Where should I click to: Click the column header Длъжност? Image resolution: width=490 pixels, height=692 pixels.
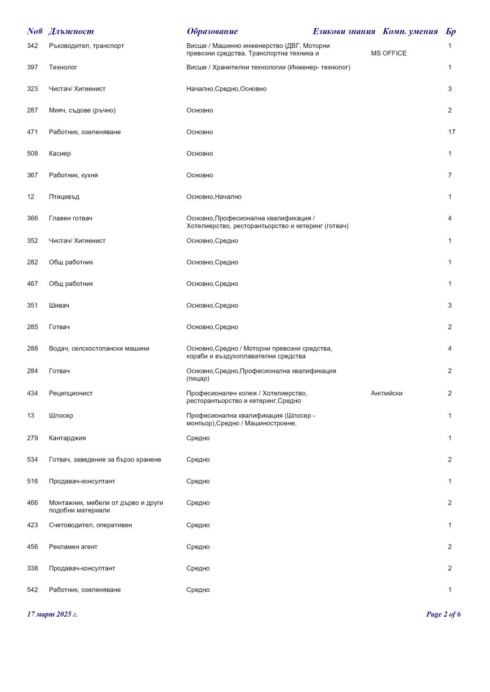[x=71, y=32]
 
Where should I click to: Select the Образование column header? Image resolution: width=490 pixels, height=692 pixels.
[x=212, y=32]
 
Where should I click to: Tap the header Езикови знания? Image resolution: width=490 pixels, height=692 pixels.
[x=344, y=32]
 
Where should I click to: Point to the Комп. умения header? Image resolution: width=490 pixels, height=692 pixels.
[x=410, y=32]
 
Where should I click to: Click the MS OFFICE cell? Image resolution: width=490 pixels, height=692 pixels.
[x=389, y=53]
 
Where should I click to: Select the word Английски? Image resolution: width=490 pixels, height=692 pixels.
[x=386, y=393]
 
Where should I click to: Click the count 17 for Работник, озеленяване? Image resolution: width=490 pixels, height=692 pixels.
[x=452, y=132]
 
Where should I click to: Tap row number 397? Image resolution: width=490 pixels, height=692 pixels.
[x=33, y=68]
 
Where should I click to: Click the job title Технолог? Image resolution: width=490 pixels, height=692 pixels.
[x=63, y=68]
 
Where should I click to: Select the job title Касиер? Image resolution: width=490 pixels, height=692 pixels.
[x=60, y=154]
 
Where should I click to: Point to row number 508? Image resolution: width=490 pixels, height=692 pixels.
[x=33, y=154]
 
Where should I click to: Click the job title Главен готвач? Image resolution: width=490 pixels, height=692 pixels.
[x=70, y=218]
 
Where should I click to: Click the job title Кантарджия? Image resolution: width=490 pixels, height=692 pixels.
[x=68, y=438]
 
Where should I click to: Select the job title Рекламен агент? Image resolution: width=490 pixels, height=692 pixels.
[x=73, y=547]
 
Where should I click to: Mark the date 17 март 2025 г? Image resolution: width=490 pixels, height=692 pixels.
[x=52, y=614]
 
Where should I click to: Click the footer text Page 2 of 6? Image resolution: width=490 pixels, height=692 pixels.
[x=443, y=614]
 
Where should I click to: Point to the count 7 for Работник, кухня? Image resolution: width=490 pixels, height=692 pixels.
[x=450, y=176]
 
